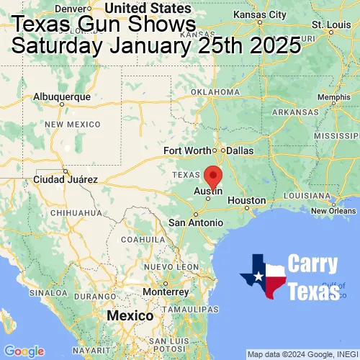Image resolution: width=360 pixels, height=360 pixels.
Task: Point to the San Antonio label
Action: [196, 223]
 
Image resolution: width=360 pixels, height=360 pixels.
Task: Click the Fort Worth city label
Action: [187, 150]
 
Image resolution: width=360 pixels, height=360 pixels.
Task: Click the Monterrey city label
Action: [165, 292]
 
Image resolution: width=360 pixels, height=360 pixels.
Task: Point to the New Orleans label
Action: [333, 210]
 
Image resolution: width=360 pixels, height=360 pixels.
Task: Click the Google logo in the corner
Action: [24, 351]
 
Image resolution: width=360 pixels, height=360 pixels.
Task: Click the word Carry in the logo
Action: [312, 264]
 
